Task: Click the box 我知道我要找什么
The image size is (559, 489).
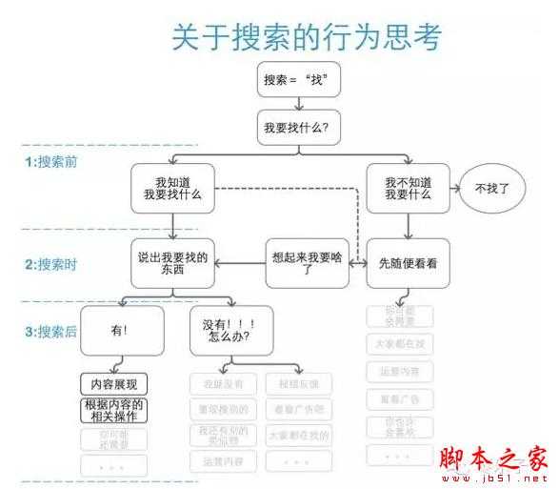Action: coord(172,187)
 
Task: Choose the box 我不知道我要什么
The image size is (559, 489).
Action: coord(408,187)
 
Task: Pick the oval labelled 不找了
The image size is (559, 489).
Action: coord(492,188)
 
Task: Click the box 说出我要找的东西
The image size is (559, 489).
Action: coord(172,262)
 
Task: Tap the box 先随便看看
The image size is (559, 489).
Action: coord(408,262)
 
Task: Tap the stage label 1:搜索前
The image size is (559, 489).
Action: coord(51,161)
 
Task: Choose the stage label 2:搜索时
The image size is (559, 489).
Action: coord(51,264)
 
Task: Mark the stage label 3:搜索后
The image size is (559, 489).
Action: coord(51,331)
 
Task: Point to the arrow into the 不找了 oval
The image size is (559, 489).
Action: coord(454,188)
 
